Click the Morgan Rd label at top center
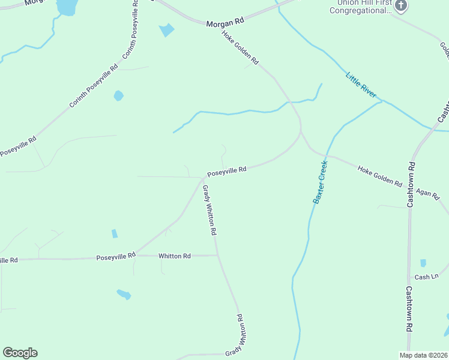226,22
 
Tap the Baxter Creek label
321,182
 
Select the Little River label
361,85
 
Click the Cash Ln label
427,277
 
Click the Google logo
20,353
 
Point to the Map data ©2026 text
423,355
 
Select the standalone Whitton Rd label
174,256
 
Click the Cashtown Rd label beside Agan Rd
411,184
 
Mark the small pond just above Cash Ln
423,263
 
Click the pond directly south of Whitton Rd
124,294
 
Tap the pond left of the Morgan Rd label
166,29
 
